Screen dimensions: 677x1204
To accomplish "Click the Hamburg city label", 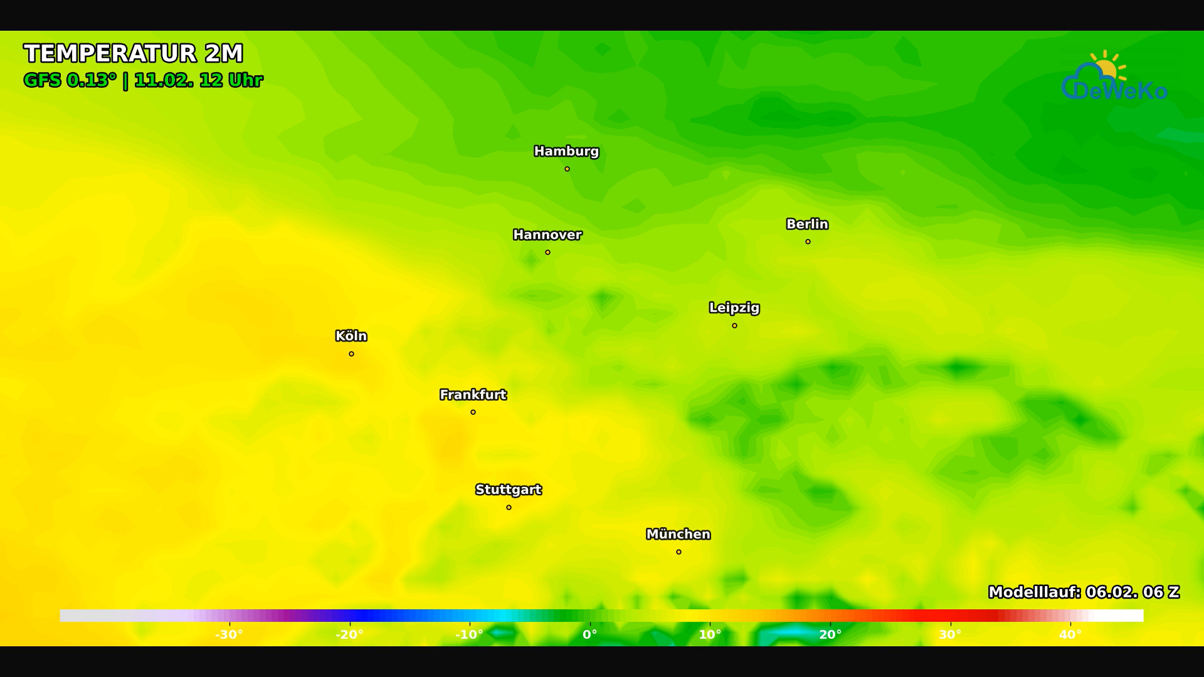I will pyautogui.click(x=566, y=151).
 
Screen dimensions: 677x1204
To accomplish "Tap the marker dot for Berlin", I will pyautogui.click(x=808, y=242).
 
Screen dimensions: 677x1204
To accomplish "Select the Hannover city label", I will pyautogui.click(x=547, y=235).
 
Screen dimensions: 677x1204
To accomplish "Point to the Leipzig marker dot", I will pyautogui.click(x=734, y=326).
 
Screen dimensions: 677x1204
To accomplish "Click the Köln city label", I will pyautogui.click(x=351, y=336).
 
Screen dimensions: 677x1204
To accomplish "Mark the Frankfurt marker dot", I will pyautogui.click(x=473, y=412).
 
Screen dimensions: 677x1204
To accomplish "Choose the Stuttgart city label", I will pyautogui.click(x=509, y=490).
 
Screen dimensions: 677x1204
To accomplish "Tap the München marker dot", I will pyautogui.click(x=679, y=552).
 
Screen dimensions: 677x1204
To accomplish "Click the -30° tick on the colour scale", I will pyautogui.click(x=229, y=634).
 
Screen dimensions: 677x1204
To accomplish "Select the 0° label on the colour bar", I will pyautogui.click(x=590, y=634).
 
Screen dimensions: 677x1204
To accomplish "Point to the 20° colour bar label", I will pyautogui.click(x=830, y=634).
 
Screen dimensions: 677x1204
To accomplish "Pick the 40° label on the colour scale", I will pyautogui.click(x=1070, y=634).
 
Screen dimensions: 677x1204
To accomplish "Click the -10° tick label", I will pyautogui.click(x=469, y=634).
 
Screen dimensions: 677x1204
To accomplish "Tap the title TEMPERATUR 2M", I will pyautogui.click(x=134, y=53).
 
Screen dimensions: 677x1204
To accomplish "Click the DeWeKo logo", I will pyautogui.click(x=1114, y=78).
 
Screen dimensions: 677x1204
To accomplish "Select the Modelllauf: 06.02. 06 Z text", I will pyautogui.click(x=1084, y=592).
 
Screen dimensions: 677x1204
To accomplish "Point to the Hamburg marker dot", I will pyautogui.click(x=567, y=169).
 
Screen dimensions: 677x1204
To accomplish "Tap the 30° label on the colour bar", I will pyautogui.click(x=950, y=634).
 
